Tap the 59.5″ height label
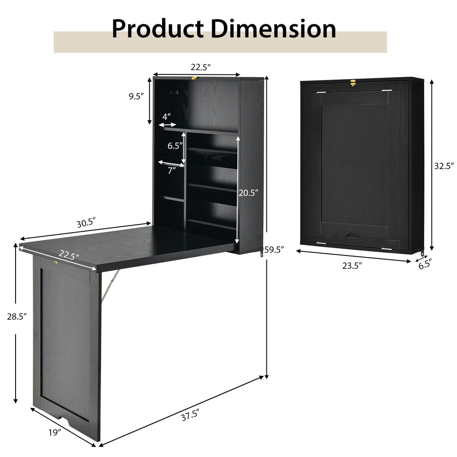click(275, 250)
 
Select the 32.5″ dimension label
click(444, 166)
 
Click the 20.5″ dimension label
click(250, 193)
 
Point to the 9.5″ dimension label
click(136, 96)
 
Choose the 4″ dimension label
click(166, 117)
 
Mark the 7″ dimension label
click(171, 170)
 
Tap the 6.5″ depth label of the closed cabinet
click(425, 264)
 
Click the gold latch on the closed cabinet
click(353, 83)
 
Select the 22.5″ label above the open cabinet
click(201, 67)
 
